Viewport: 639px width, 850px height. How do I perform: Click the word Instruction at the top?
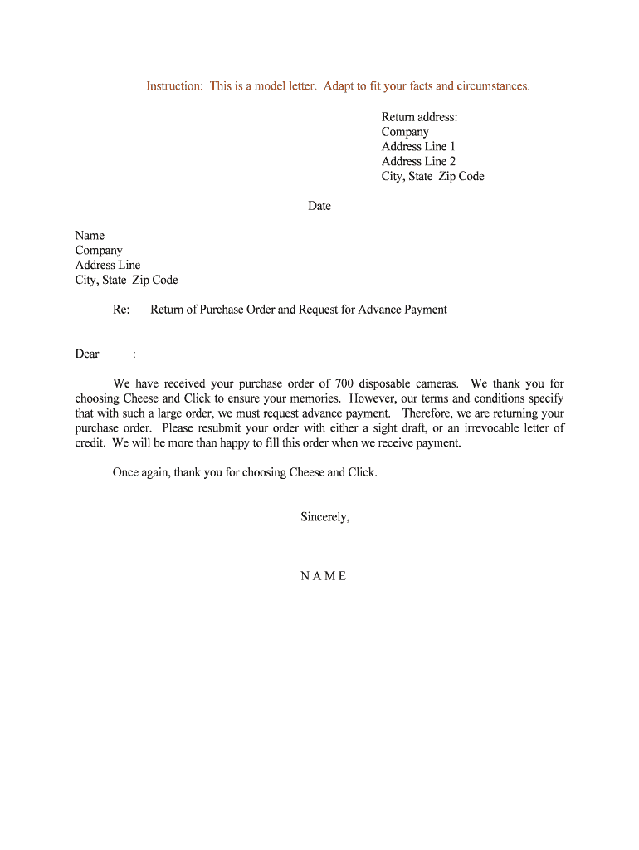[175, 86]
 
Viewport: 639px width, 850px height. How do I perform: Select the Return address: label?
[419, 117]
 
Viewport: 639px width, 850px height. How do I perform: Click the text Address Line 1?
[418, 147]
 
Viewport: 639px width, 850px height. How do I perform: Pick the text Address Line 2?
[418, 162]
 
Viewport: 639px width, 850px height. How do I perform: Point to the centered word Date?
[319, 206]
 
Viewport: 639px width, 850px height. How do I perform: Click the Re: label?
[121, 310]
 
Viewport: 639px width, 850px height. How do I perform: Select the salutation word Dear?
[87, 354]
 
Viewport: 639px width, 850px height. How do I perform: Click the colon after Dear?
[134, 354]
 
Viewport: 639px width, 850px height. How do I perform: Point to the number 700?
[345, 383]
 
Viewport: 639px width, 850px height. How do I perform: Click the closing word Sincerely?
[324, 517]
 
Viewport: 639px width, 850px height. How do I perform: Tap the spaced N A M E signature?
[324, 576]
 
